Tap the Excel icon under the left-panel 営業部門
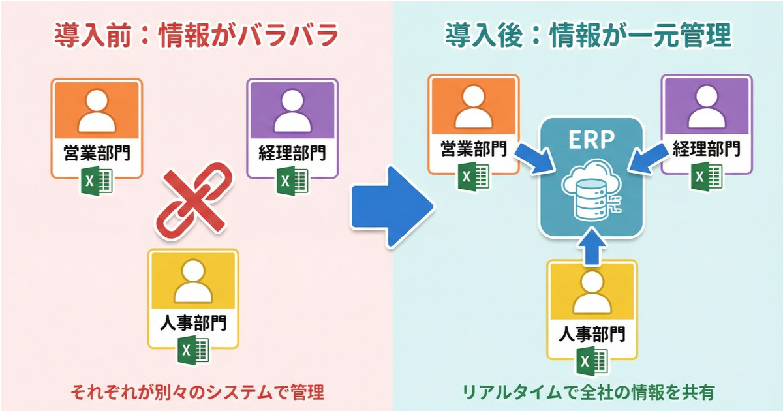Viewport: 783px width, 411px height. point(96,180)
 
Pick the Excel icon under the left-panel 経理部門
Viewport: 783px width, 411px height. point(292,180)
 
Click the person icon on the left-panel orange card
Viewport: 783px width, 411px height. point(96,111)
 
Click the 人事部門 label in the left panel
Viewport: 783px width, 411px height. point(194,324)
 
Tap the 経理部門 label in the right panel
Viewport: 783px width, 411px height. point(707,149)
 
